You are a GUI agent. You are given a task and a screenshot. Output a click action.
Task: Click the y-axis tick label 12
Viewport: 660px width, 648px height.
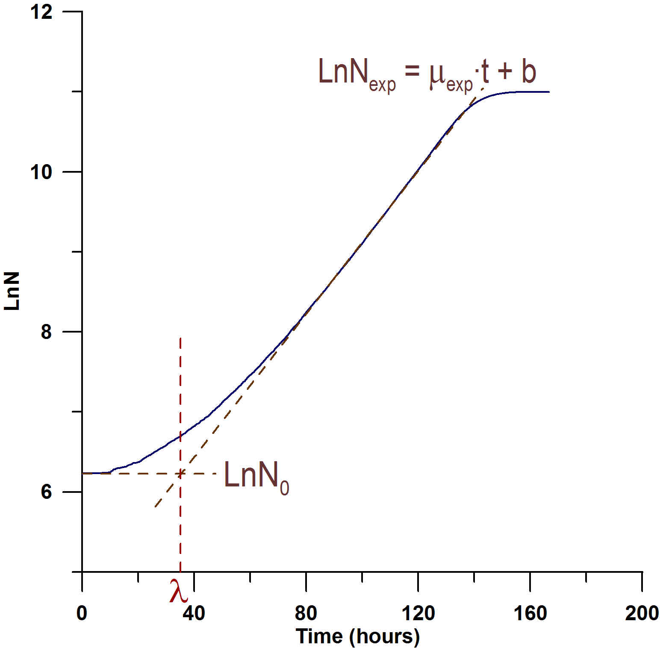(41, 12)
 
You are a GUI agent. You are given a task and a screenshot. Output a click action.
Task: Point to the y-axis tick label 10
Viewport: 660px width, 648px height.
(41, 172)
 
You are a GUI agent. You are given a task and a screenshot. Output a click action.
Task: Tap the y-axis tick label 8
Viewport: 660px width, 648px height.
(46, 332)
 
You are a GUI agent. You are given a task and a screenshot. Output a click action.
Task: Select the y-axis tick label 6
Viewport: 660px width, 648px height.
(46, 492)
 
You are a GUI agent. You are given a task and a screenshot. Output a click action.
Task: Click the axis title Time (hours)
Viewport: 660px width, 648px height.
(357, 636)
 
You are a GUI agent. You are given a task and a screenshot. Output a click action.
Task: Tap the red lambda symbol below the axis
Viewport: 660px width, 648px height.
(178, 591)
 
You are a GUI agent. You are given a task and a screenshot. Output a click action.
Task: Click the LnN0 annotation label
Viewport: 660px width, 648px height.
(256, 477)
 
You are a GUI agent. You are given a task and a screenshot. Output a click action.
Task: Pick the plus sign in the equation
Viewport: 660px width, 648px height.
(505, 71)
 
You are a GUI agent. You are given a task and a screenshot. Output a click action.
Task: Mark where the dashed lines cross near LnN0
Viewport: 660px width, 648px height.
(181, 473)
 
